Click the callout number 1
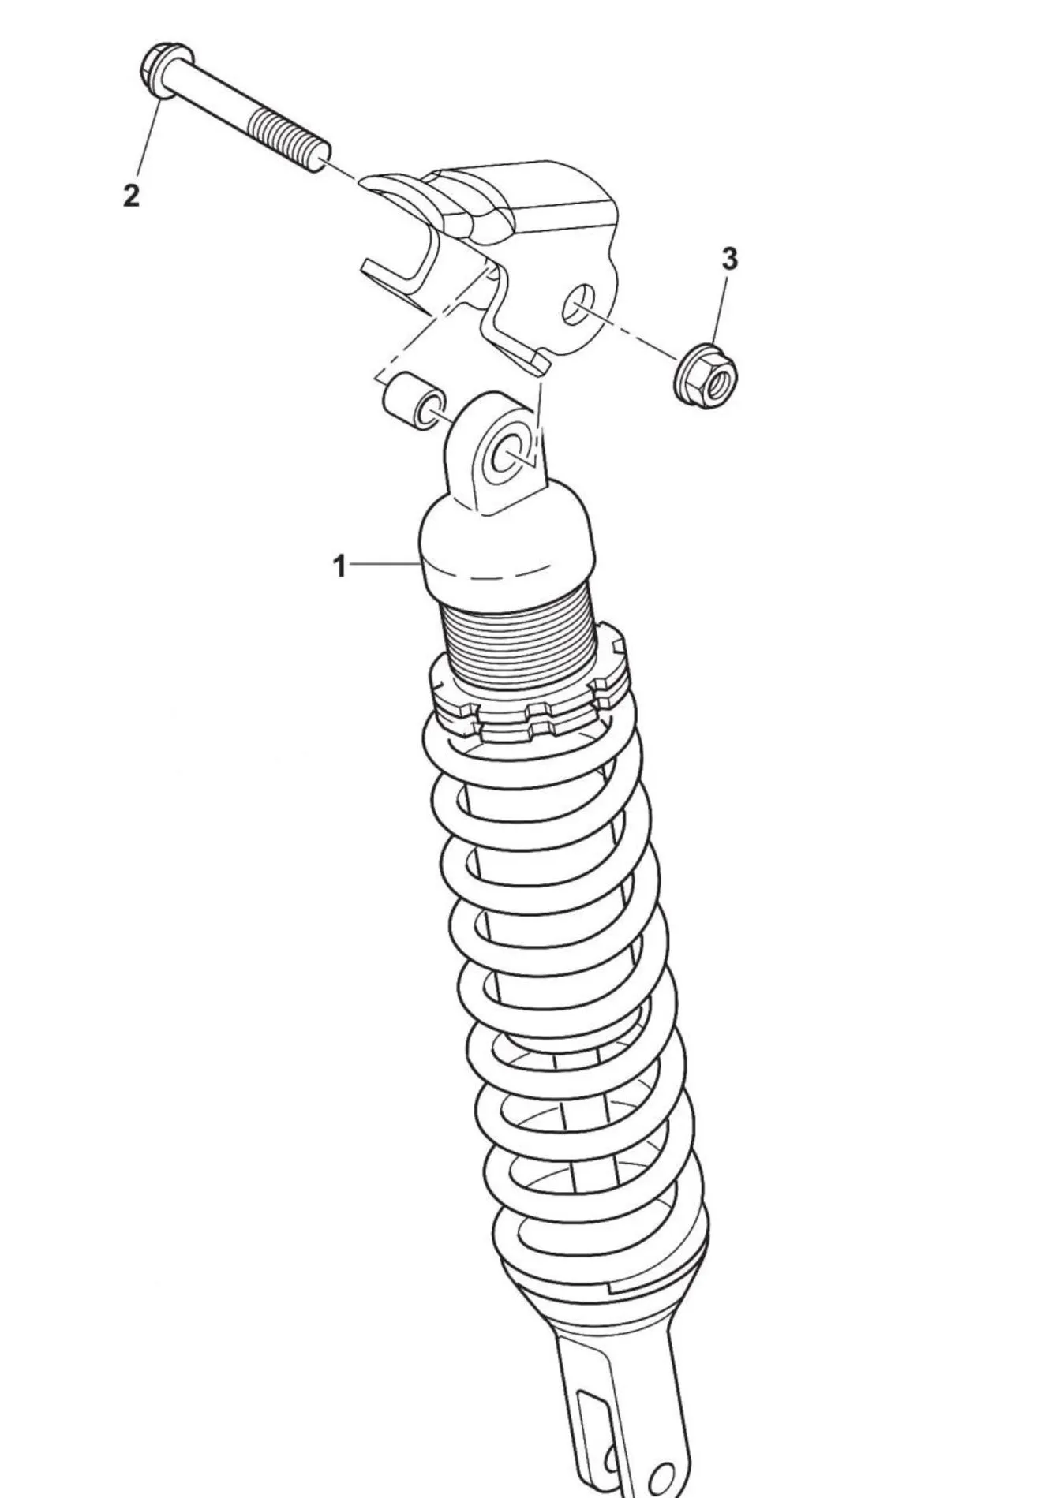pyautogui.click(x=339, y=566)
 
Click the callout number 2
pyautogui.click(x=131, y=194)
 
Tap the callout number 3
pyautogui.click(x=730, y=258)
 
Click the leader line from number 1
pyautogui.click(x=383, y=564)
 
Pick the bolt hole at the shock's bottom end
pyautogui.click(x=661, y=1474)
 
